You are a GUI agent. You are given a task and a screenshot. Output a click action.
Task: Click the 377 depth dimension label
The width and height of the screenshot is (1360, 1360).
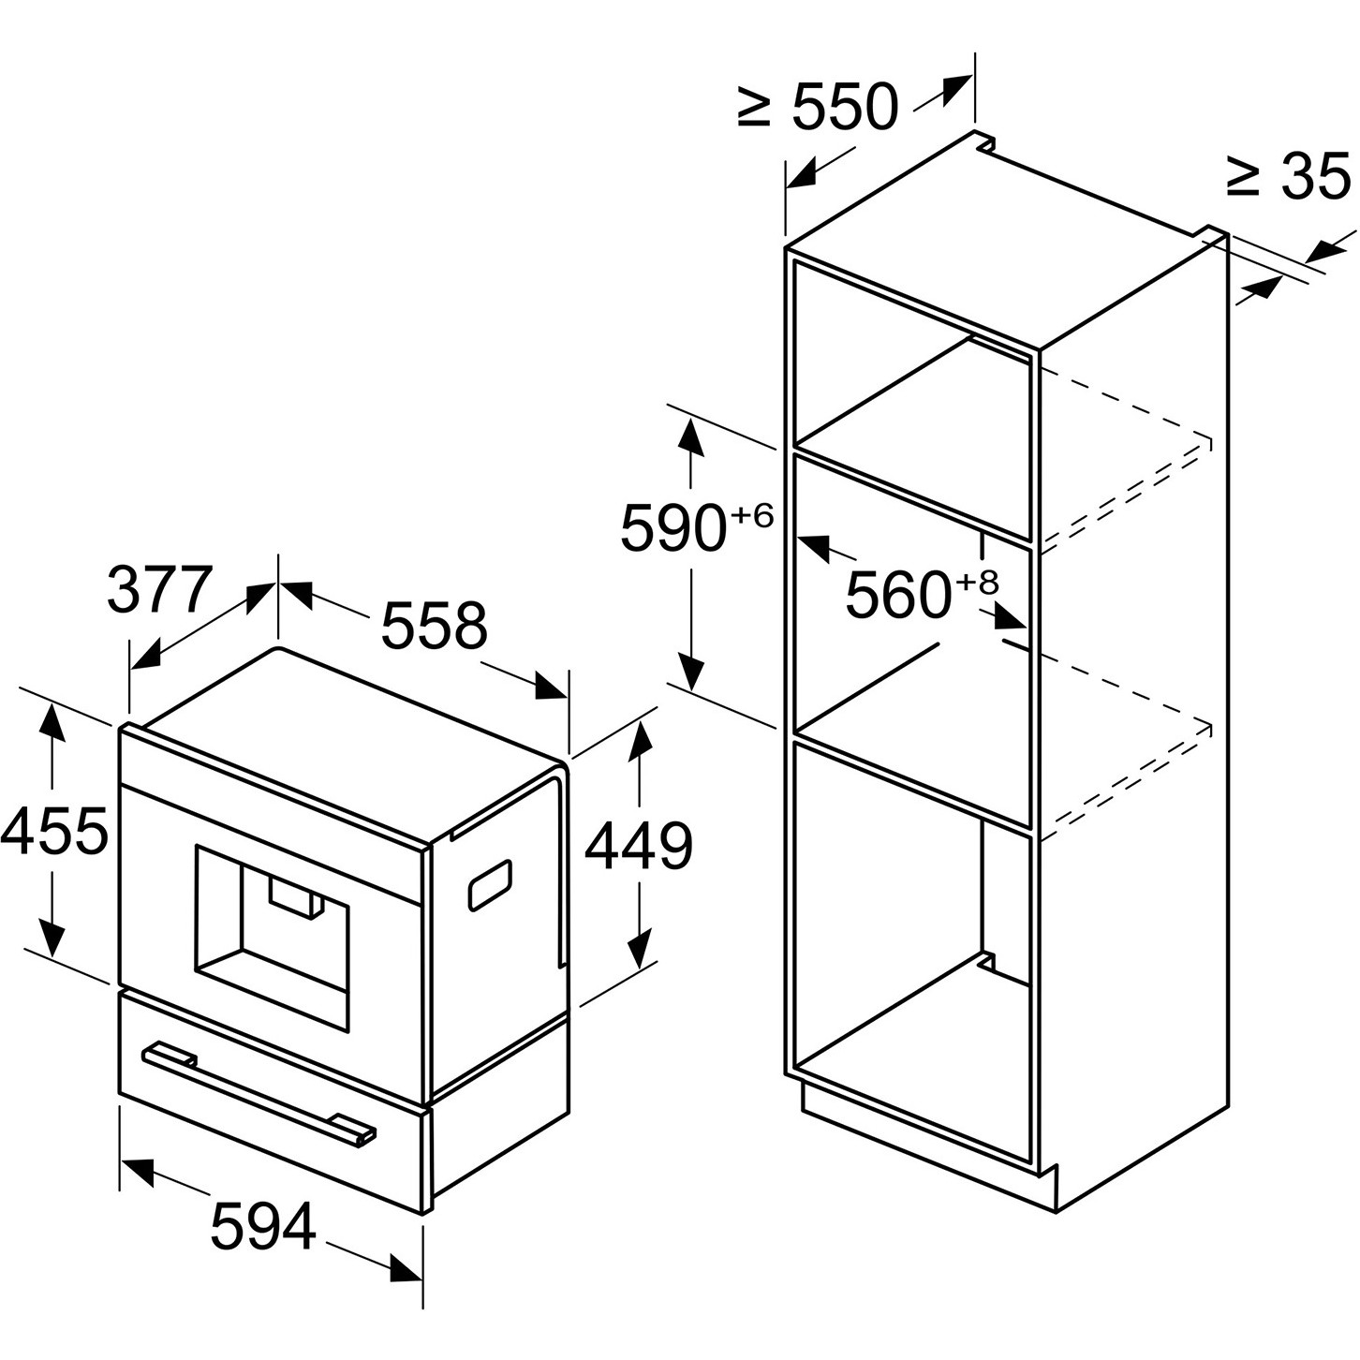159,588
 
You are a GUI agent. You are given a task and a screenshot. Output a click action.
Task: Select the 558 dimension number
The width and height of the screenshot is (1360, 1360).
434,626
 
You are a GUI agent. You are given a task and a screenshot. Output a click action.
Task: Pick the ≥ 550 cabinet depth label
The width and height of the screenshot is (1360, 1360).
819,108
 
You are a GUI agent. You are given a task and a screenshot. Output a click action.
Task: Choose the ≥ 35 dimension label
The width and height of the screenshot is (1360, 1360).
1291,176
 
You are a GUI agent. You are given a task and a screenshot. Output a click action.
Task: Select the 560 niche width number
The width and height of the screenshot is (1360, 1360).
897,595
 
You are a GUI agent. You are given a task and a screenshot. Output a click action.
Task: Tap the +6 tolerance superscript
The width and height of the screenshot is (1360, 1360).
752,515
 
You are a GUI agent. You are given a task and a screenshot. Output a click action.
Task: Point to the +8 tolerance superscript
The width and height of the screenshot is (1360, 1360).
977,583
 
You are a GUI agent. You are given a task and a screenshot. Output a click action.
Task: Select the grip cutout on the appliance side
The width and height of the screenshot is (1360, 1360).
490,884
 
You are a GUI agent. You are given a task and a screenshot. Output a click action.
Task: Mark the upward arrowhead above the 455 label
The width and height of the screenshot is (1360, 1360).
51,723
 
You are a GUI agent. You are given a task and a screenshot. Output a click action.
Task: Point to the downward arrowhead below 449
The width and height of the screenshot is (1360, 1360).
640,948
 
